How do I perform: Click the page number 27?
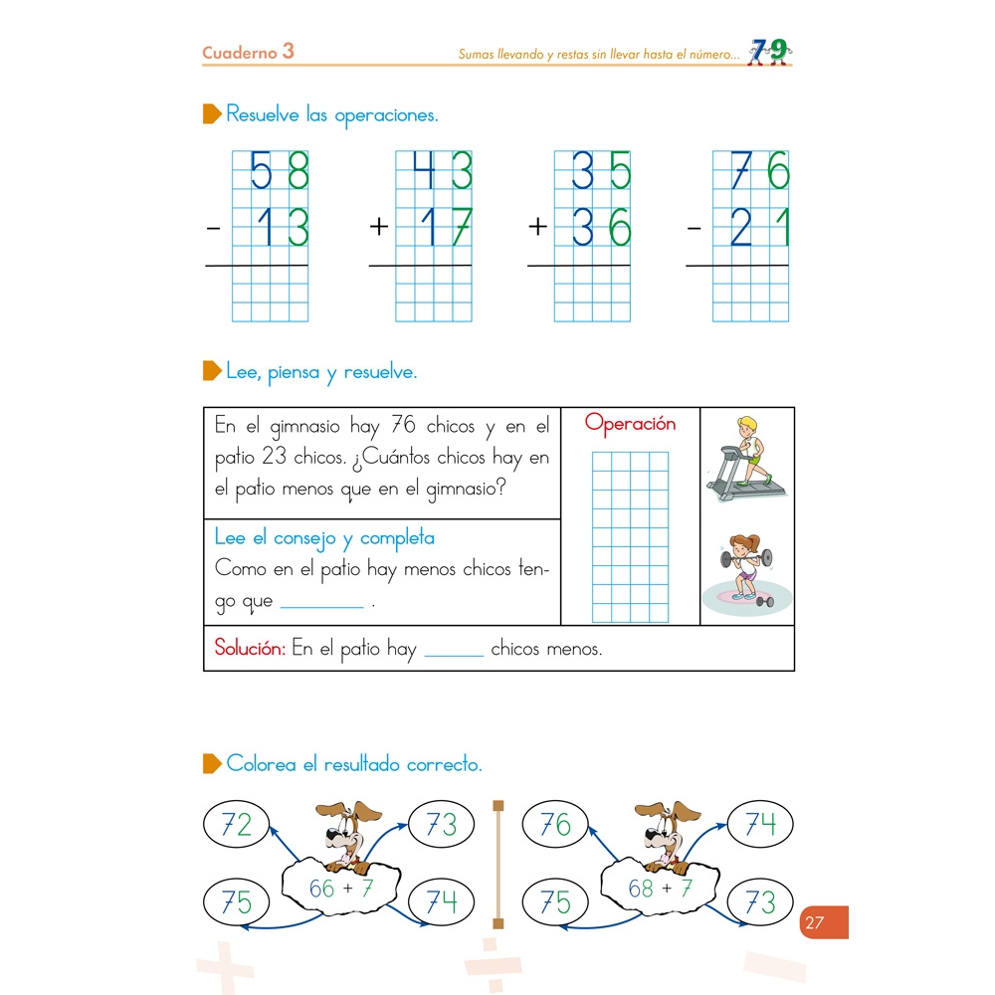(815, 922)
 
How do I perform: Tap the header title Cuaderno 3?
(248, 53)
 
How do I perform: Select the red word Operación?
(630, 424)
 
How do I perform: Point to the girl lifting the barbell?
(745, 572)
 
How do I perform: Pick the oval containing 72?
(237, 825)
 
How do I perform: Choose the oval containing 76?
(555, 825)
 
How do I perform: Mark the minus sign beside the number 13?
(213, 228)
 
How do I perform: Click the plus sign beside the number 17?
(378, 228)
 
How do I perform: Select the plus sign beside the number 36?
(537, 228)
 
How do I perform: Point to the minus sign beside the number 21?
(695, 228)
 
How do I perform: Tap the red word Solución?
(250, 649)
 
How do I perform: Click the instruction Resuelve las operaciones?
(331, 115)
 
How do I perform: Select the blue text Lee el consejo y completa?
(324, 538)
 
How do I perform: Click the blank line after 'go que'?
(322, 603)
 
